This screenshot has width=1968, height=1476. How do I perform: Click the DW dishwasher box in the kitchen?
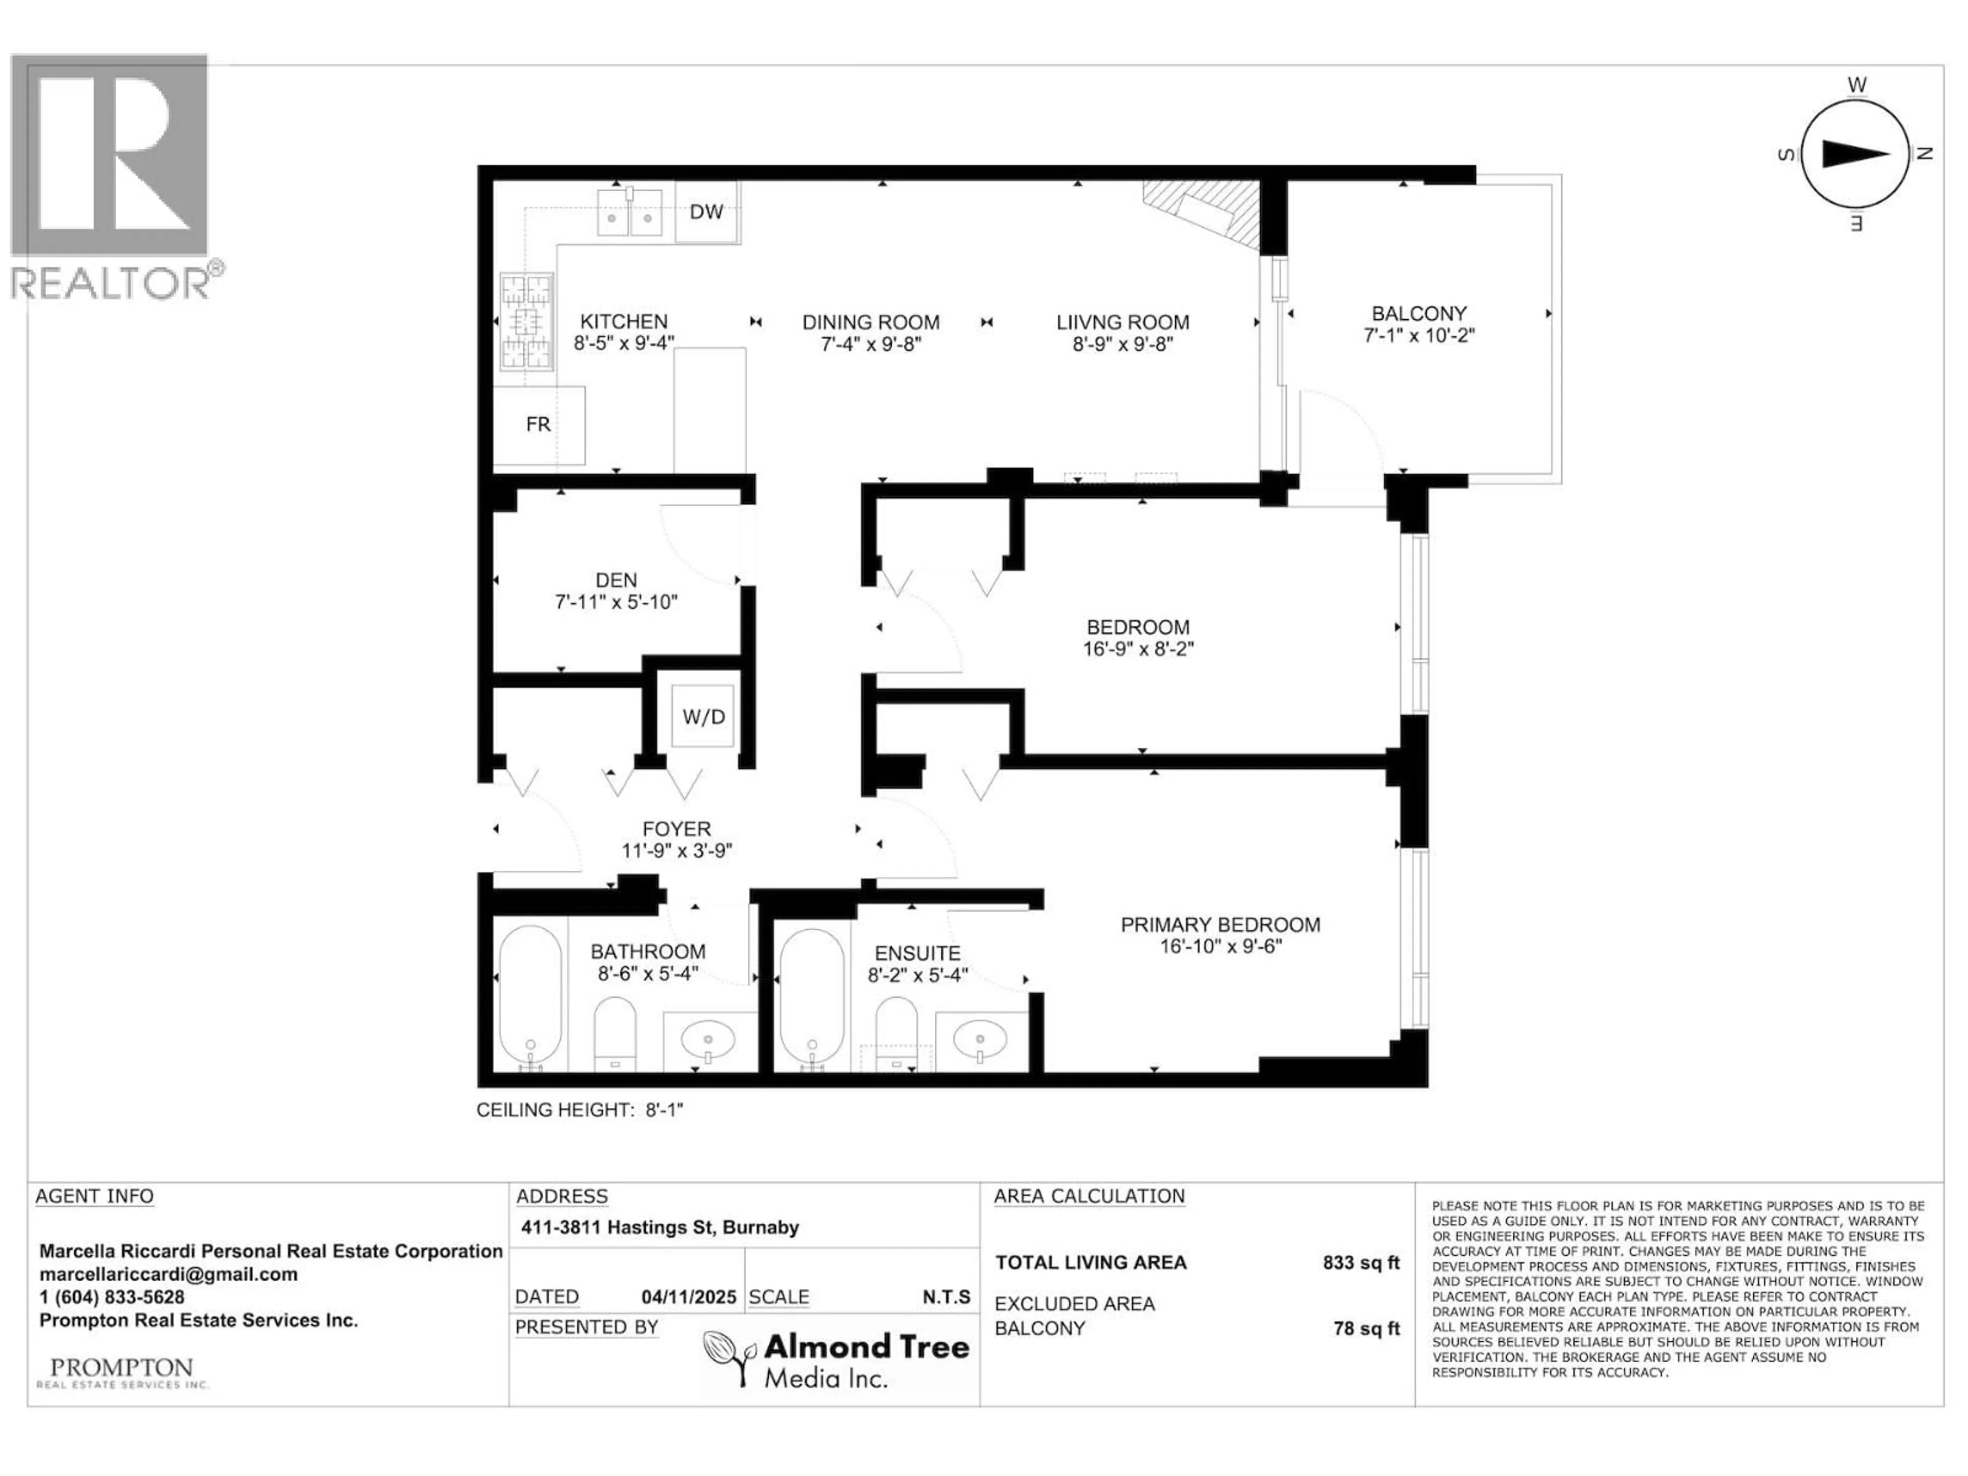[x=706, y=212]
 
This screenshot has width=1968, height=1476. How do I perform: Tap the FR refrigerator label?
[x=538, y=424]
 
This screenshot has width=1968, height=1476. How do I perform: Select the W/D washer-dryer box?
[x=703, y=716]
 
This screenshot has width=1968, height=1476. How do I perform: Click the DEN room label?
[x=616, y=580]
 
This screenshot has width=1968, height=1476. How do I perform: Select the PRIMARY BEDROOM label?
[x=1220, y=925]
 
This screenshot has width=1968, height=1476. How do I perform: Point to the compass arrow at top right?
[x=1855, y=154]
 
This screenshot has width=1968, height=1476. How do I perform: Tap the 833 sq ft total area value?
[x=1360, y=1262]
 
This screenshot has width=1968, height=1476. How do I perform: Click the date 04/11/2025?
[x=689, y=1297]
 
